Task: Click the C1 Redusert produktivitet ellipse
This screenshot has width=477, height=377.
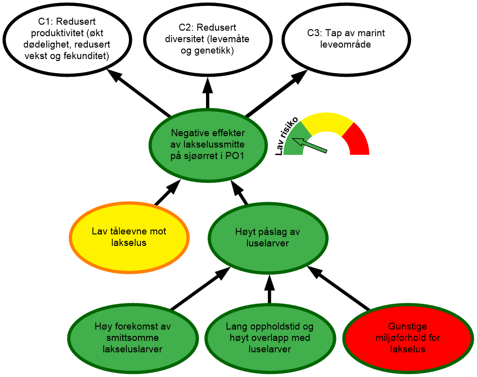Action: (x=67, y=39)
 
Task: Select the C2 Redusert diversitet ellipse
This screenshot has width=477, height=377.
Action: (x=207, y=39)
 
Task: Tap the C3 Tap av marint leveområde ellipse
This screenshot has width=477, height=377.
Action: (x=346, y=39)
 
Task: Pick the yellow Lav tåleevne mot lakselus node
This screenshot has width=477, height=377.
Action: (x=129, y=237)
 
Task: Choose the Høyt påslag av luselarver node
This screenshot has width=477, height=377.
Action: (x=267, y=237)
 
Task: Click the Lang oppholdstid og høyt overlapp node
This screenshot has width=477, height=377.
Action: (x=269, y=338)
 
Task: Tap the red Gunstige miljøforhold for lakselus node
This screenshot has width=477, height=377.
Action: (x=407, y=338)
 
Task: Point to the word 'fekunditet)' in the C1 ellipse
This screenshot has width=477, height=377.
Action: (x=88, y=56)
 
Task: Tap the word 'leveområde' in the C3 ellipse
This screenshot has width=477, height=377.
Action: (x=346, y=45)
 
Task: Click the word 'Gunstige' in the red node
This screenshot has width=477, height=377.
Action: (x=407, y=327)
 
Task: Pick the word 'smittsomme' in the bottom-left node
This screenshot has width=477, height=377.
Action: (x=133, y=338)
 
